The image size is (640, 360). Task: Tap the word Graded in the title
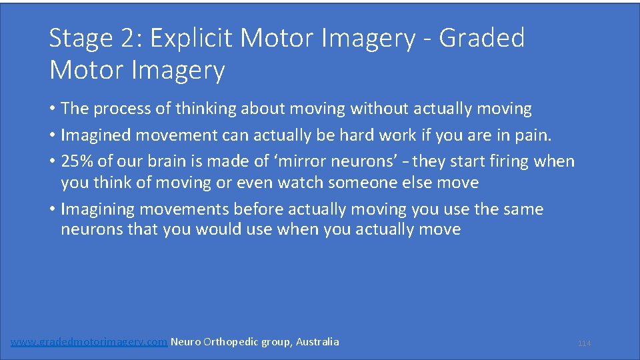(482, 39)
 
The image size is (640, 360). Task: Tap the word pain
(533, 135)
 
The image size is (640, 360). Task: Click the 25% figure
(78, 162)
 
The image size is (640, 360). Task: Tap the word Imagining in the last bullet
(102, 209)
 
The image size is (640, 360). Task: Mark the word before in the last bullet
(259, 209)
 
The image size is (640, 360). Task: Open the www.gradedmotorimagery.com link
(89, 342)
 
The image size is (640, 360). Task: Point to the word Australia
(317, 342)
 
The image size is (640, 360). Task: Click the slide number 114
(584, 343)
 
